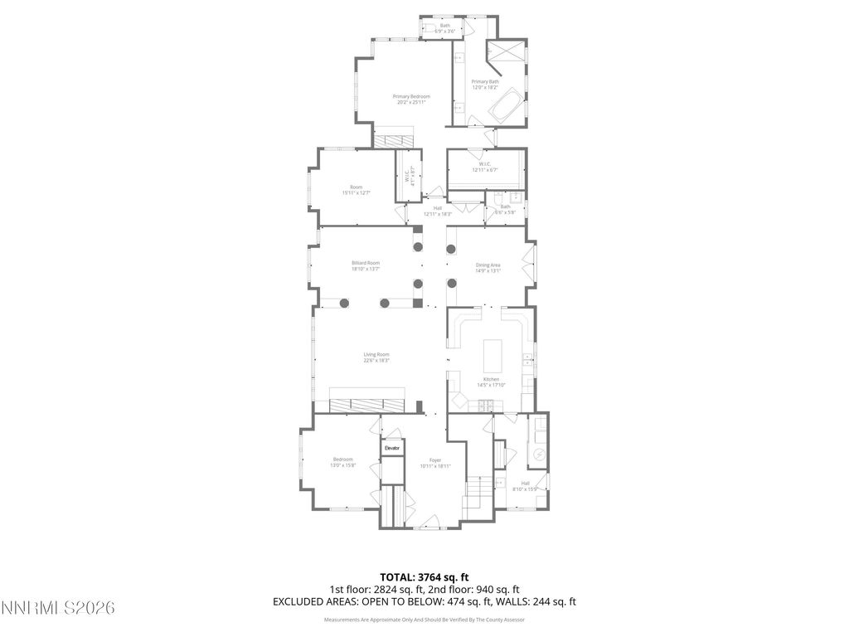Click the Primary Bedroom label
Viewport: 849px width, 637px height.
[x=411, y=97]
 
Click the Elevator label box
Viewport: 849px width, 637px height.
[x=392, y=448]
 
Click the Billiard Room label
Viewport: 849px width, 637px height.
[x=366, y=263]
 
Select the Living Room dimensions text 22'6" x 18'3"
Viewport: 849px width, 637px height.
[x=376, y=361]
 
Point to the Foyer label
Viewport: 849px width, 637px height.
[x=434, y=460]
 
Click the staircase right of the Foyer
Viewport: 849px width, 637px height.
[x=477, y=494]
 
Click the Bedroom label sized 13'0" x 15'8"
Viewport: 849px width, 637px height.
[x=343, y=460]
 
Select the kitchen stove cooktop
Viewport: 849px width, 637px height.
[x=486, y=405]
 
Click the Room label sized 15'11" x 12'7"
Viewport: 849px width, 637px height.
[x=356, y=187]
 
